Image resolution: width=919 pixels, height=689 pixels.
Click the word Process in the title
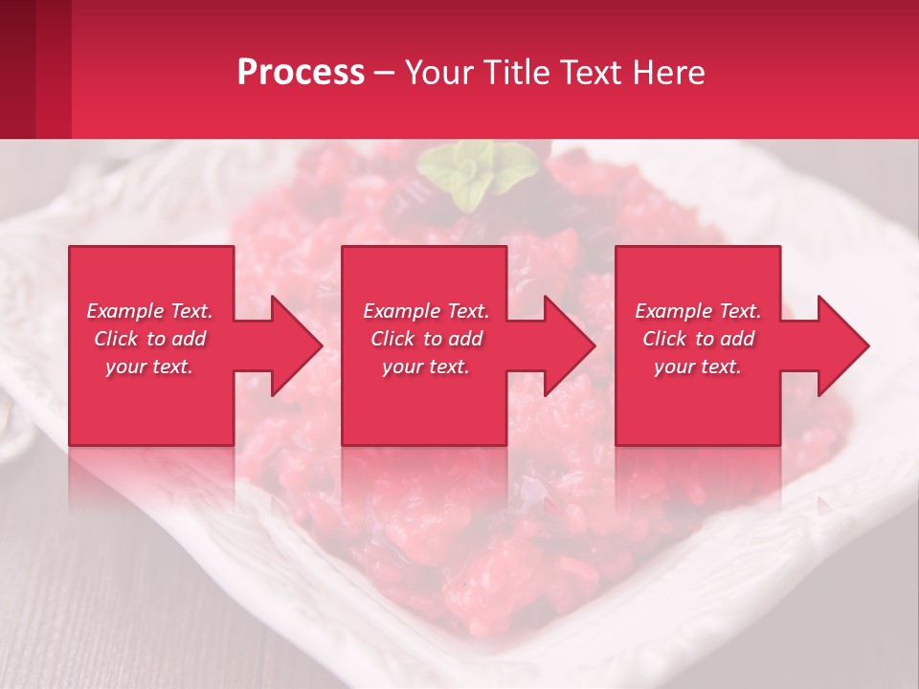(301, 73)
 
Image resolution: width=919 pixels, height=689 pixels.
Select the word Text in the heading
(594, 73)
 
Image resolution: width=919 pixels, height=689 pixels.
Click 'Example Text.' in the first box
(149, 311)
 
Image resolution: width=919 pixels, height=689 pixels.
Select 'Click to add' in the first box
(149, 339)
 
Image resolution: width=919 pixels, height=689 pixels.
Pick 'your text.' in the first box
(149, 367)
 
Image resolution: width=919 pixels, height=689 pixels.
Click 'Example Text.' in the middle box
(426, 311)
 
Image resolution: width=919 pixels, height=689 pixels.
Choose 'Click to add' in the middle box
(426, 339)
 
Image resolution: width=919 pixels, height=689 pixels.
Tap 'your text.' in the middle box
(426, 367)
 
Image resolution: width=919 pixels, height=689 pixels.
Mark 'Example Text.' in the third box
(698, 311)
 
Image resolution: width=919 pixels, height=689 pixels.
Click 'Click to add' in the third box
(698, 339)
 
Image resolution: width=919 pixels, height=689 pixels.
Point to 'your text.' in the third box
(698, 367)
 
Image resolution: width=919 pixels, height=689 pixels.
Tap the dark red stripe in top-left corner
(17, 67)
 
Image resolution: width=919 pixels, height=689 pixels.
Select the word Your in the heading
(437, 73)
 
